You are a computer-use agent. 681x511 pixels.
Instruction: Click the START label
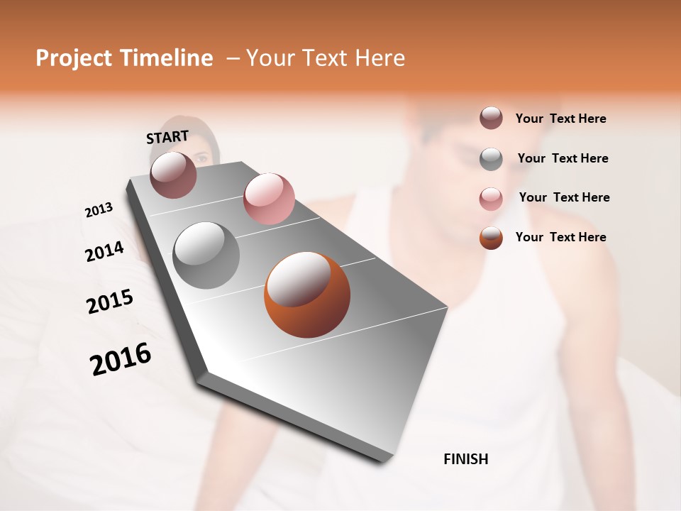(x=167, y=137)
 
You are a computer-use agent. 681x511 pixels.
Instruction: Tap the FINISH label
(x=466, y=459)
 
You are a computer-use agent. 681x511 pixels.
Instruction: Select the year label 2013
(x=99, y=210)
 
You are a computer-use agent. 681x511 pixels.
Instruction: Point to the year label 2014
(x=104, y=251)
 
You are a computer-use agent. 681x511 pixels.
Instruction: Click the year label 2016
(x=121, y=359)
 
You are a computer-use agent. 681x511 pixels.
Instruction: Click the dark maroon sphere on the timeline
(x=174, y=175)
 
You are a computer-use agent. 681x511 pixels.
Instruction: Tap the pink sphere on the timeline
(x=269, y=199)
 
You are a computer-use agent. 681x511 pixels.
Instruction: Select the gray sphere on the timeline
(x=206, y=255)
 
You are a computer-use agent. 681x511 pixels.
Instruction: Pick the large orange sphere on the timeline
(x=307, y=295)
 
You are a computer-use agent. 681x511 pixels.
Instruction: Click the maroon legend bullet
(x=491, y=118)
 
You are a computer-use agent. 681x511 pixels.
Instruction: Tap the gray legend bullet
(x=491, y=159)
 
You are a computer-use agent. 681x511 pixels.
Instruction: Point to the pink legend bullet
(x=491, y=199)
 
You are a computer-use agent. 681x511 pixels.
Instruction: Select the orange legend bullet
(x=491, y=238)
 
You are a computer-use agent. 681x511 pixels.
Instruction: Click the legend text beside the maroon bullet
(x=560, y=119)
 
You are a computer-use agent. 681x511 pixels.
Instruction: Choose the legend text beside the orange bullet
(x=560, y=237)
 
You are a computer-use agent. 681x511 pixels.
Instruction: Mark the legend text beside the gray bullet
(x=563, y=158)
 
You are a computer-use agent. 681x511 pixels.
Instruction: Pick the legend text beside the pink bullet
(x=564, y=197)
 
